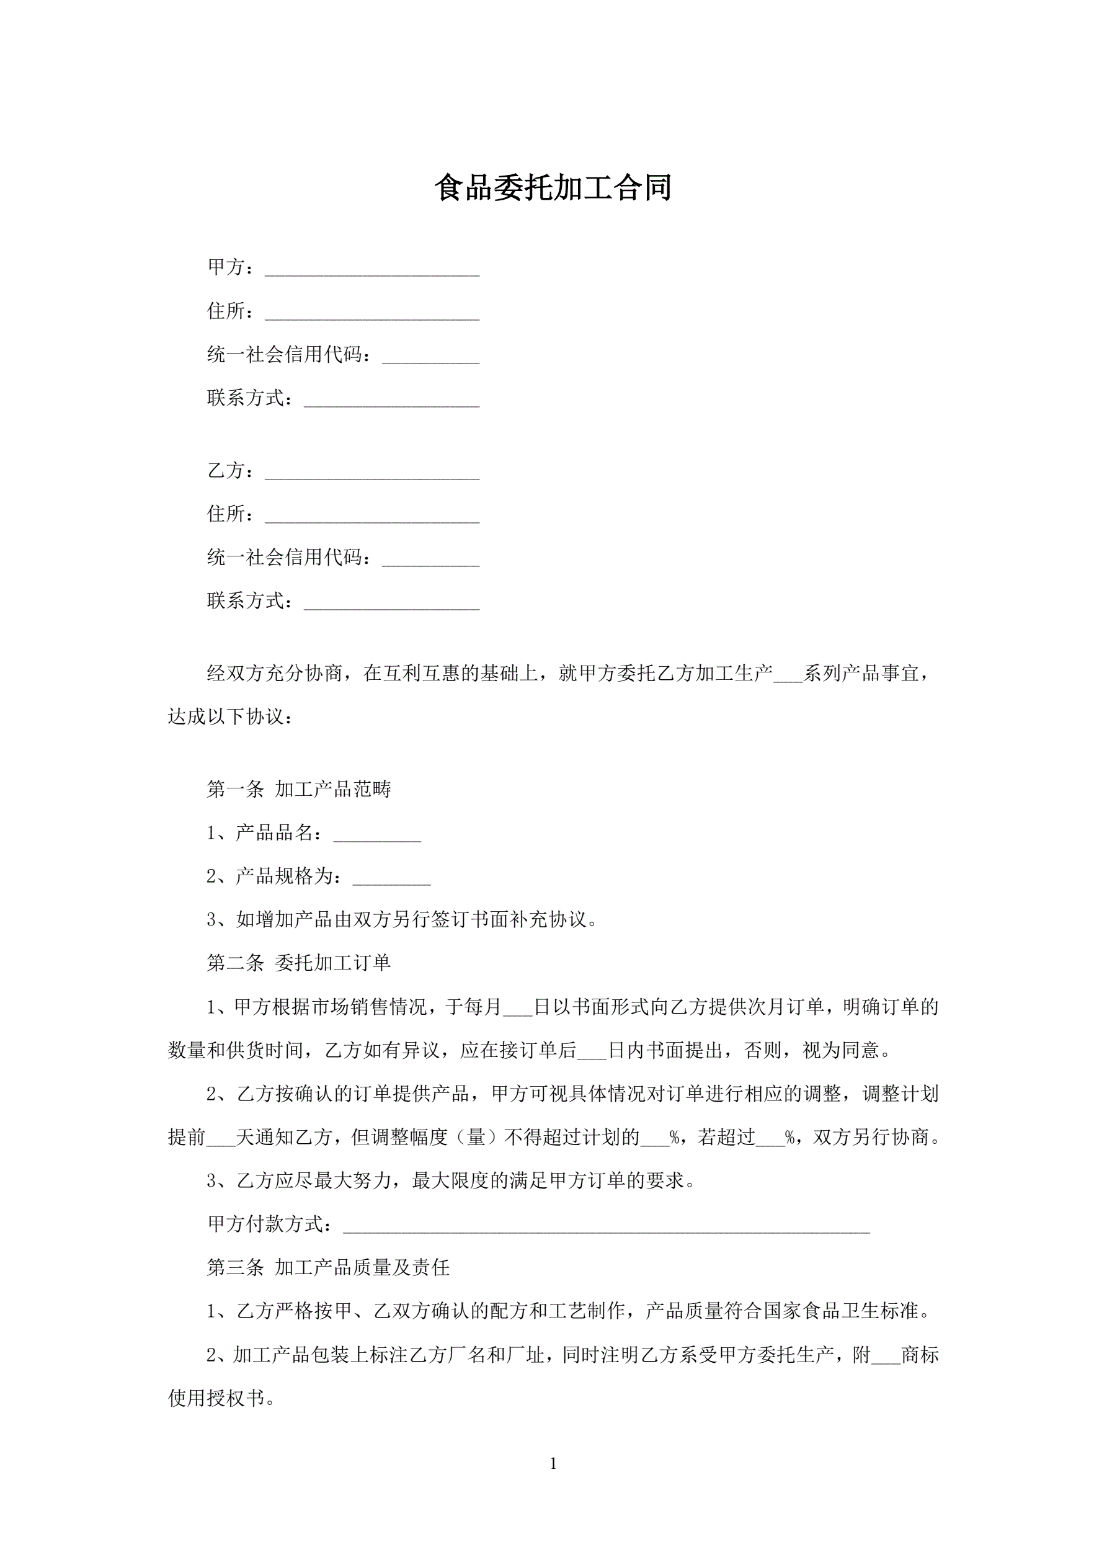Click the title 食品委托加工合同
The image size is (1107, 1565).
(x=553, y=188)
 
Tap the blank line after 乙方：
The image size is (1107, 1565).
(x=371, y=473)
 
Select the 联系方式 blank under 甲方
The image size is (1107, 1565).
(x=391, y=400)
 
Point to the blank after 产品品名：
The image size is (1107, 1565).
(x=376, y=834)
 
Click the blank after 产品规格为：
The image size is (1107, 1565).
(x=391, y=878)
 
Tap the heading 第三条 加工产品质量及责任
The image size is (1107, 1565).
(x=328, y=1268)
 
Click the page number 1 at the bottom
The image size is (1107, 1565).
(x=553, y=1463)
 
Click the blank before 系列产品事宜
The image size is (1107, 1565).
(x=788, y=675)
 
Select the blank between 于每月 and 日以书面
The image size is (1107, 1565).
(x=517, y=1008)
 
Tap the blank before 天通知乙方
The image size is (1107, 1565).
(x=220, y=1138)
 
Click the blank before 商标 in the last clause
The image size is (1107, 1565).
(x=886, y=1356)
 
